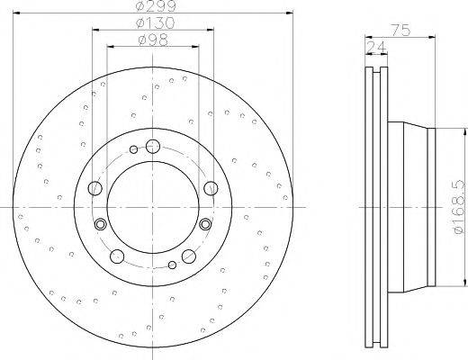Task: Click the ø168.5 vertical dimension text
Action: [x=455, y=204]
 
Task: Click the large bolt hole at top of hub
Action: [x=152, y=146]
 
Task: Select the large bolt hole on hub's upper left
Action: [x=94, y=188]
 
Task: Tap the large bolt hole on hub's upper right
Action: [x=210, y=187]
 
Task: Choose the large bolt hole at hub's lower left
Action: [x=116, y=256]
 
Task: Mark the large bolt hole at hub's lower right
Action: [x=188, y=256]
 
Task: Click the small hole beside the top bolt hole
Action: [x=134, y=149]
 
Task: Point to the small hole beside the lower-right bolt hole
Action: [x=171, y=265]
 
